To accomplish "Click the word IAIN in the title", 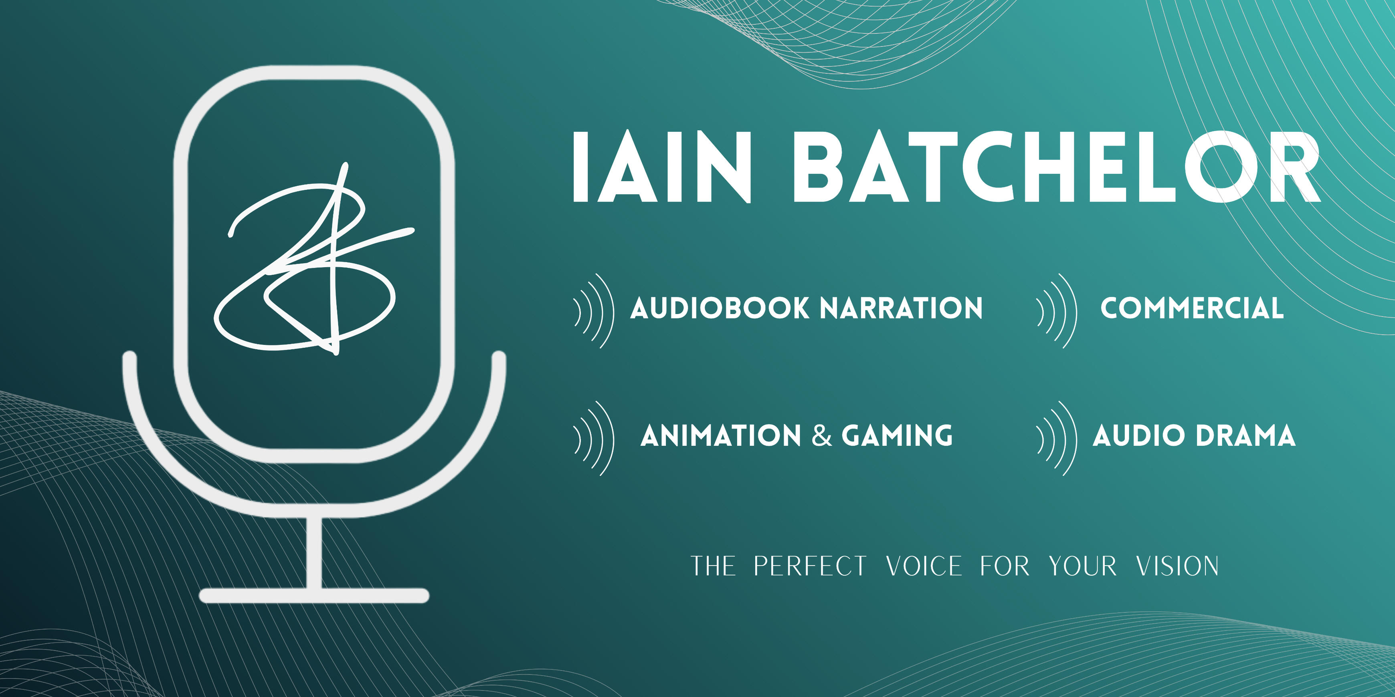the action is point(662,167).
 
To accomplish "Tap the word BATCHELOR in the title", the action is point(1057,167).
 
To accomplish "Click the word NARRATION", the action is point(901,308).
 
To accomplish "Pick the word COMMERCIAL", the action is point(1192,308).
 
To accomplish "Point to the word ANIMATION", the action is point(721,436).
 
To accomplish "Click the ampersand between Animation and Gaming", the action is point(821,436).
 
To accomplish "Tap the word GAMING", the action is point(897,436).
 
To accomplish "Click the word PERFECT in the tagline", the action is point(810,566).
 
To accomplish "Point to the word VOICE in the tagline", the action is point(924,566).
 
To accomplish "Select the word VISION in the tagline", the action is point(1177,566).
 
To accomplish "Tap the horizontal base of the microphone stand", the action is point(314,595).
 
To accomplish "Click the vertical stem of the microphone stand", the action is point(314,552).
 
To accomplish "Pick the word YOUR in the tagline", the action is point(1083,566).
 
